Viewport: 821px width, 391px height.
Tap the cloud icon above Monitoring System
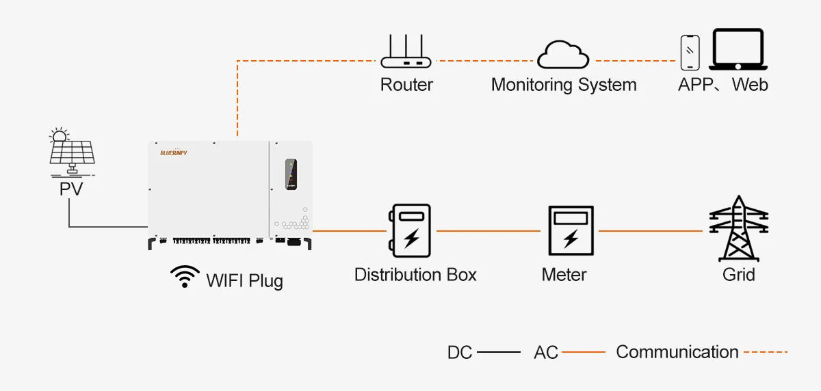563,55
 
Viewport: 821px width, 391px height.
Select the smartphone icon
690,53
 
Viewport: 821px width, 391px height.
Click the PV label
70,189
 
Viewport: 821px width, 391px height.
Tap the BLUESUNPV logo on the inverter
173,153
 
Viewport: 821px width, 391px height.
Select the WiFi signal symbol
185,276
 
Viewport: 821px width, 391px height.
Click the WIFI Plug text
244,280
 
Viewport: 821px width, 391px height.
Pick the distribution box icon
409,230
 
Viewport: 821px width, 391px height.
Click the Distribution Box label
415,275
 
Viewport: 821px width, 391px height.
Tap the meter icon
570,231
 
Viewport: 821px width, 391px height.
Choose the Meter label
564,275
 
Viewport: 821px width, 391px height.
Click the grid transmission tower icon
738,228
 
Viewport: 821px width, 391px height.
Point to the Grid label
739,275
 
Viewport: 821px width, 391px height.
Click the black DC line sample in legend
498,353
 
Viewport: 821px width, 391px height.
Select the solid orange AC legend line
583,353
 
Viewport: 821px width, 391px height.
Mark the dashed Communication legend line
766,353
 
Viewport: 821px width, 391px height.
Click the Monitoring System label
564,85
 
